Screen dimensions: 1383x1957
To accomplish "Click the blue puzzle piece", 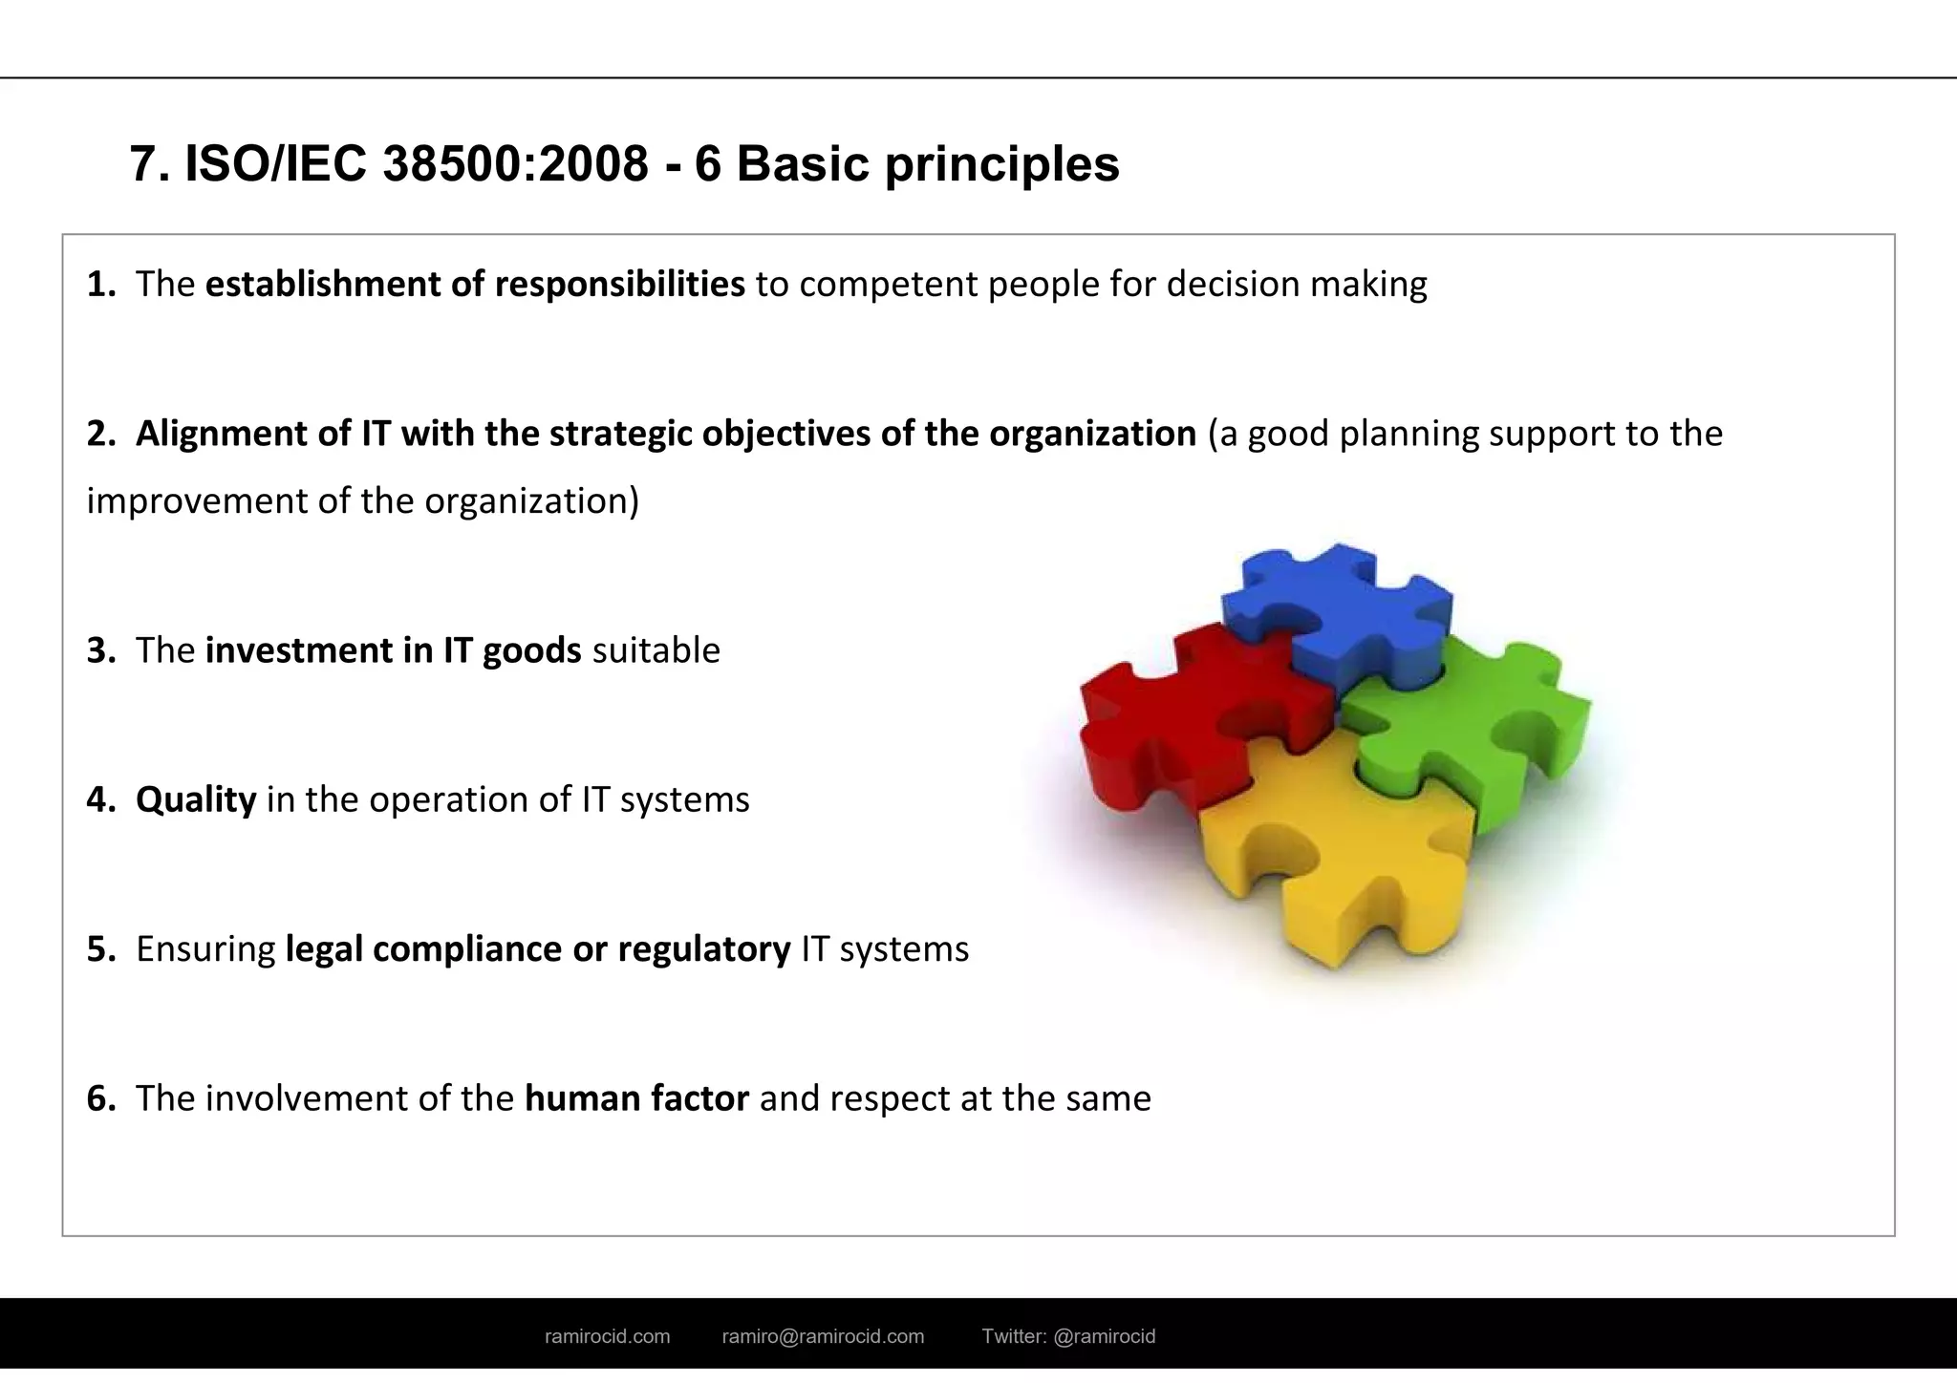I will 1338,611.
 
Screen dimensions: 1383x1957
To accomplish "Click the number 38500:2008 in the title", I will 516,164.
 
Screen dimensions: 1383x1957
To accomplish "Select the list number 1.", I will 99,285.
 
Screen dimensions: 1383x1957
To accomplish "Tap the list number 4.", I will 99,800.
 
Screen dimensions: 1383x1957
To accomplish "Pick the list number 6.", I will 99,1099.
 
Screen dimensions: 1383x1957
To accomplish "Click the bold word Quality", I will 196,800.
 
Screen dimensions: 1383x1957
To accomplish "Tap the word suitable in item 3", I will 656,651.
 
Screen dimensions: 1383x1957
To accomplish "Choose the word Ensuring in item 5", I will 205,949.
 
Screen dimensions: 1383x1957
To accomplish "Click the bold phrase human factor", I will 636,1099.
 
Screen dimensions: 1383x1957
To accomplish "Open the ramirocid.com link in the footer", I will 607,1337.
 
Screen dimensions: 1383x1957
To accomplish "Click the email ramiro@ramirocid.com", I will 823,1337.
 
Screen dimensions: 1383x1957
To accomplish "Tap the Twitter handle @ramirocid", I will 1105,1337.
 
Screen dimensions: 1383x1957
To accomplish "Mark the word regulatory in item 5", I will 704,949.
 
